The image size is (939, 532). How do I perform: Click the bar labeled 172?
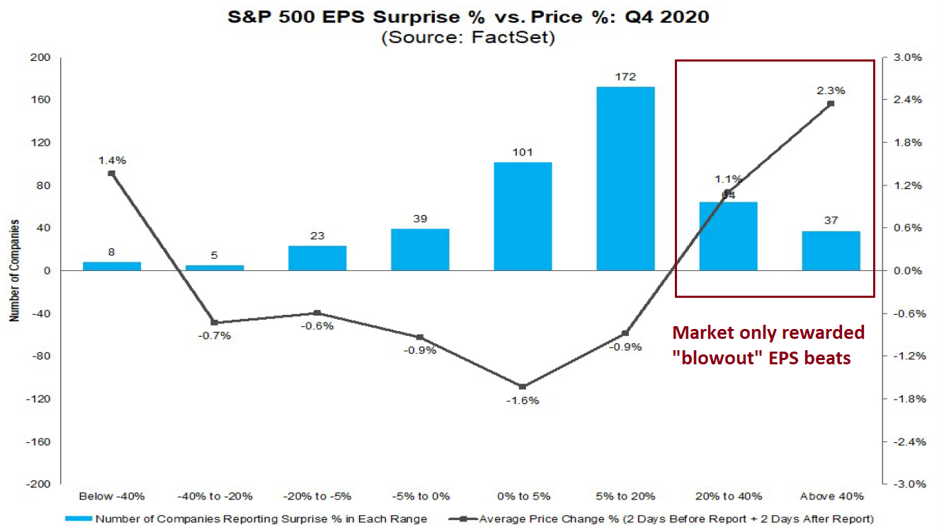pos(625,178)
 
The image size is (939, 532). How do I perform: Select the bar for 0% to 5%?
pos(523,216)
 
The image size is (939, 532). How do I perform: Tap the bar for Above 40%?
pos(831,250)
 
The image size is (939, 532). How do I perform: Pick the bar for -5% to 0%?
pos(420,249)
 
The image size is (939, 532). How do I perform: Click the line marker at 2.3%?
pos(831,103)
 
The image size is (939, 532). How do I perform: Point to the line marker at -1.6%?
pos(523,386)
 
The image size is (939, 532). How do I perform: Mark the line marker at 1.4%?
pos(111,173)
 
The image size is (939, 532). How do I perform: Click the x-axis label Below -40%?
pos(111,496)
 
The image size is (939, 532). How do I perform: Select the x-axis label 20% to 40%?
pos(728,496)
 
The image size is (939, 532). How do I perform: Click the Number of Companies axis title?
pos(13,270)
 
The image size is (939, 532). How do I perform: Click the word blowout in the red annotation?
pos(717,358)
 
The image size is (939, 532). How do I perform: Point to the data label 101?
pos(523,152)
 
